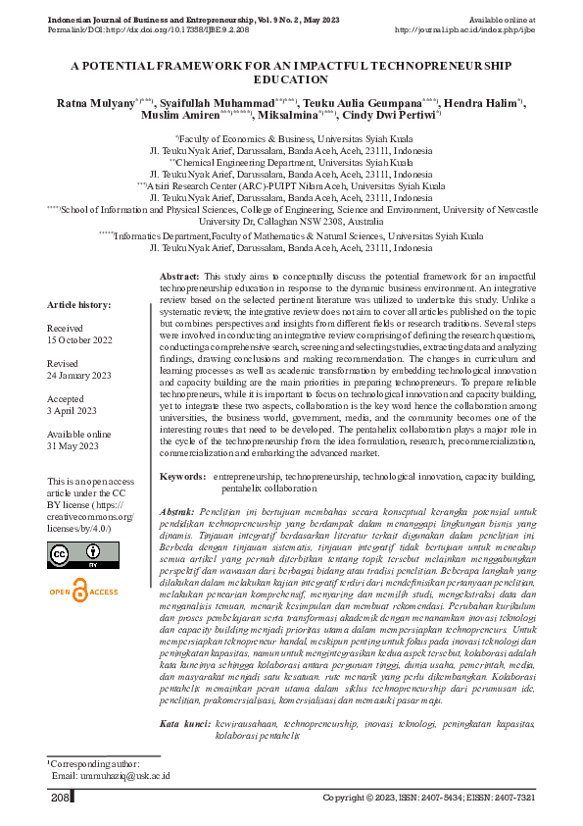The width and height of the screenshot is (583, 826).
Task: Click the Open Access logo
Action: click(x=82, y=593)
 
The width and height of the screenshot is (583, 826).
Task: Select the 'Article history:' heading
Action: click(x=79, y=305)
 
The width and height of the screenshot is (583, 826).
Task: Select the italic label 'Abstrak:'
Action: click(x=177, y=512)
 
